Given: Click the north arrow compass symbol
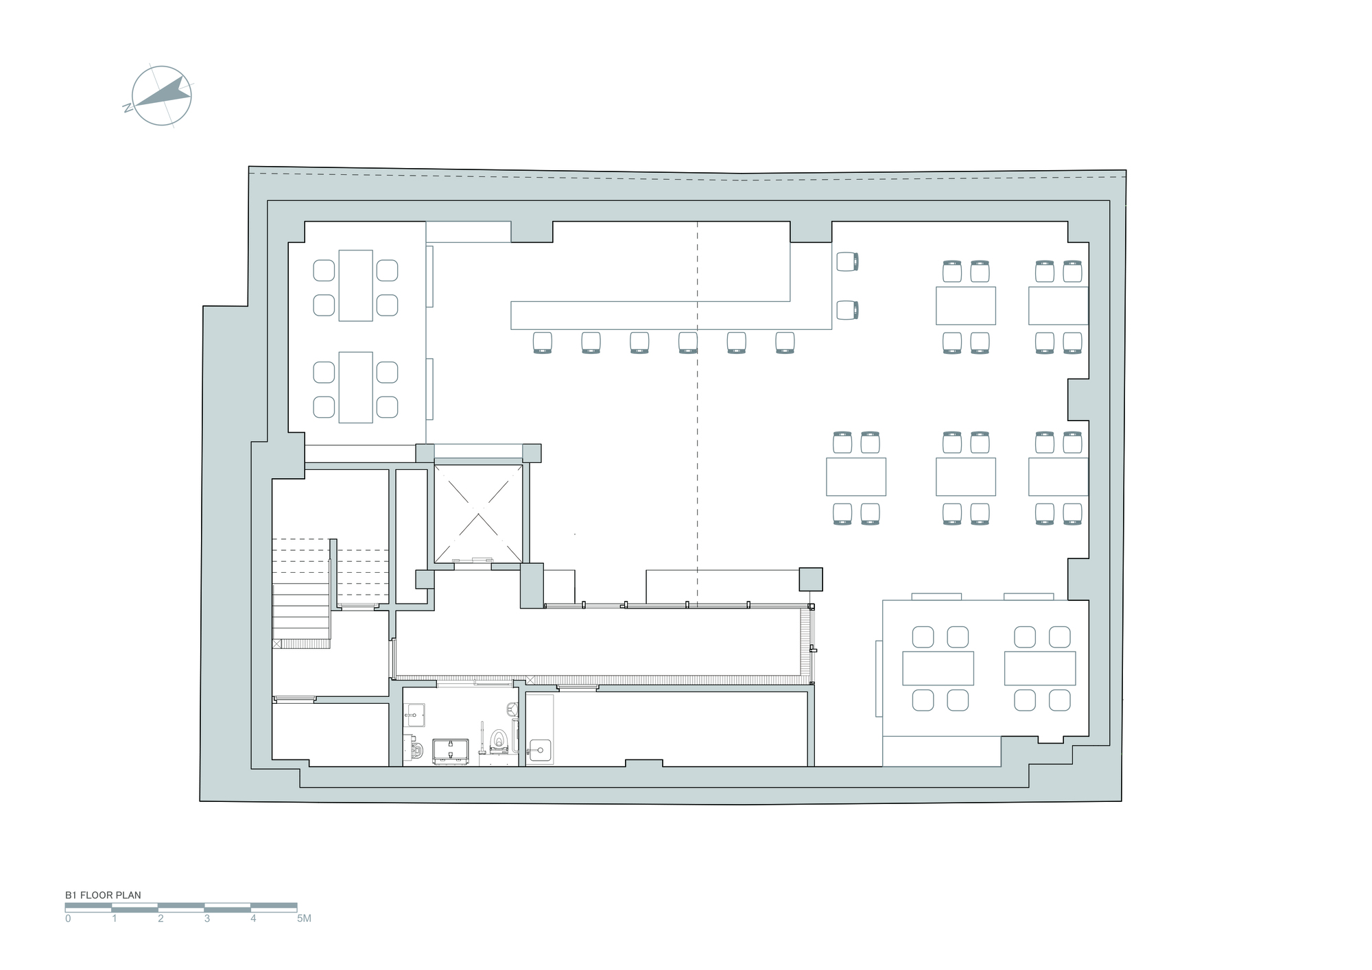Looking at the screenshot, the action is pos(161,96).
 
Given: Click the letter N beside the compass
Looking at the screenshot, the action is pos(127,108).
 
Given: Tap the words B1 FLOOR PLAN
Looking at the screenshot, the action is pos(103,895).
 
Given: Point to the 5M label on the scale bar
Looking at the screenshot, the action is pos(304,919).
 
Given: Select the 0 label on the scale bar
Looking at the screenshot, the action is pos(68,919).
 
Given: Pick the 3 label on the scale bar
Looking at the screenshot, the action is pos(207,919).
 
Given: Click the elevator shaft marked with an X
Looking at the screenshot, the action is pos(478,513).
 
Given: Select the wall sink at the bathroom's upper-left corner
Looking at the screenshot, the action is pos(414,715).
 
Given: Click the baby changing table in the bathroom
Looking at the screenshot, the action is pos(451,750).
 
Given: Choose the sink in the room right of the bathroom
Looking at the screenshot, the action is pos(540,750).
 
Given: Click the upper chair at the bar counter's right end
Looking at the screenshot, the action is pos(848,261).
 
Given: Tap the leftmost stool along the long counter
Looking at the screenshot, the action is pos(543,342).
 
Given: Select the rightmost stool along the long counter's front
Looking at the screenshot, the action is pos(785,342).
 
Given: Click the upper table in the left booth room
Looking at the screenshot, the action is pos(355,285).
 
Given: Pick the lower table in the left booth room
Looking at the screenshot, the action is pos(355,387).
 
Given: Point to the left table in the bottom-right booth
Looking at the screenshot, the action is pos(938,668).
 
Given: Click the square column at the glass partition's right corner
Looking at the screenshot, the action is pos(810,579).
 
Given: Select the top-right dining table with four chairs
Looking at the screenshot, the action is pos(1058,305).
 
